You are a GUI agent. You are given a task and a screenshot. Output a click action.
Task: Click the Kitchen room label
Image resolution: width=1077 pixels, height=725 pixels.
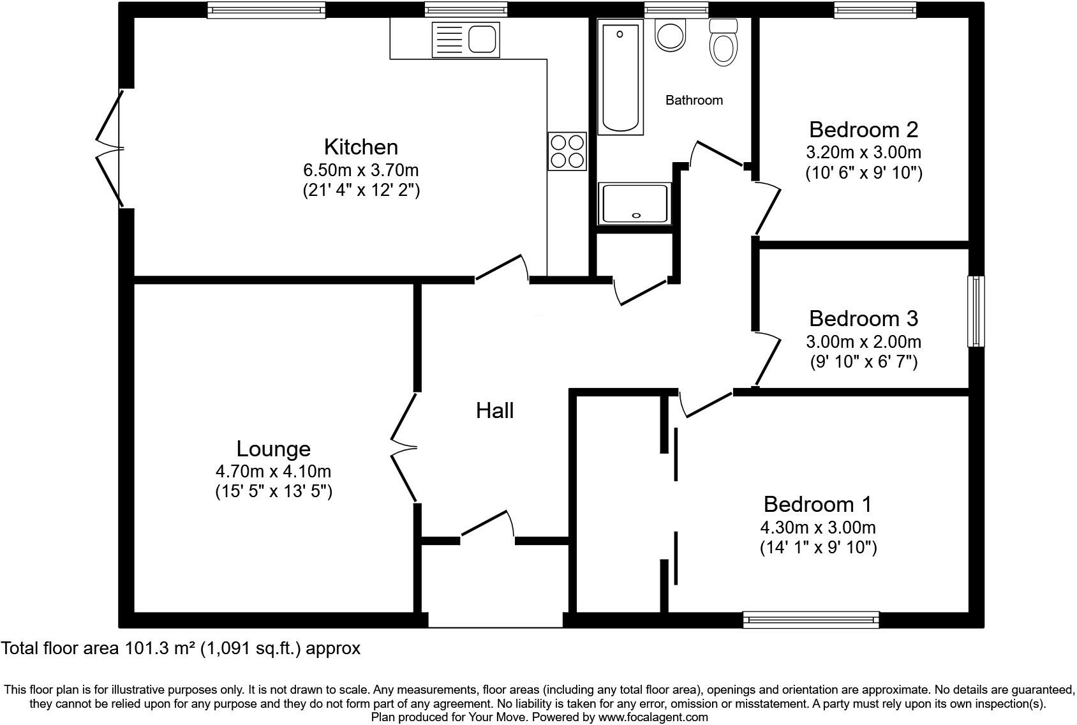[360, 147]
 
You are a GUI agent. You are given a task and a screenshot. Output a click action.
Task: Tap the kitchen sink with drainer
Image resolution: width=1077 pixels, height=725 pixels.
[464, 39]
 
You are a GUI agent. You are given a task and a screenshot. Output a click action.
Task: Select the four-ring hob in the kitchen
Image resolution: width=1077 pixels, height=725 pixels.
[567, 151]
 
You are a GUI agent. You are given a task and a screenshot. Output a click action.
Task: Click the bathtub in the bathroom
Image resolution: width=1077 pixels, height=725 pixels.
[620, 77]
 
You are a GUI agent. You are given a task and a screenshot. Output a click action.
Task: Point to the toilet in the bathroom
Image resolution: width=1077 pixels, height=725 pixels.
[723, 43]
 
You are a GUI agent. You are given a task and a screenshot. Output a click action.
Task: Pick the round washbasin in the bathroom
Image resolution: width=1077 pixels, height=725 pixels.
[670, 36]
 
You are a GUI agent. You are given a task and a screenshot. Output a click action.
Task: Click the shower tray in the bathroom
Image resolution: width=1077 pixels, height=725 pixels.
[635, 204]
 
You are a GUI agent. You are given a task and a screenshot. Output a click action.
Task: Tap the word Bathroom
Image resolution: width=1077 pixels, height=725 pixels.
[694, 100]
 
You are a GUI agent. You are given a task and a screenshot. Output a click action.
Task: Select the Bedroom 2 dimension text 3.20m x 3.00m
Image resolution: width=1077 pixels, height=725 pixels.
[863, 153]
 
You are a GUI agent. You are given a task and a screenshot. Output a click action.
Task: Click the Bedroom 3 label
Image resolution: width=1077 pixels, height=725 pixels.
[863, 318]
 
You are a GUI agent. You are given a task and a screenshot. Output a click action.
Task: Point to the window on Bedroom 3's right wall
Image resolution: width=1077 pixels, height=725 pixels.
[976, 311]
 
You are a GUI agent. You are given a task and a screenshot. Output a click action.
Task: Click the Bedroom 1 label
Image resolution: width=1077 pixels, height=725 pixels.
[817, 504]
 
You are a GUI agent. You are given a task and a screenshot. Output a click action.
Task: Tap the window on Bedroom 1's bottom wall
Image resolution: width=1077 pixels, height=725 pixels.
[811, 619]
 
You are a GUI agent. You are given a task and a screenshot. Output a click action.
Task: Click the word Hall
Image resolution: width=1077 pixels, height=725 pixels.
[494, 410]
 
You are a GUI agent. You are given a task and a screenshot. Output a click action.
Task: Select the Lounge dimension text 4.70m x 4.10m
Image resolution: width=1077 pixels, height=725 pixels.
[273, 472]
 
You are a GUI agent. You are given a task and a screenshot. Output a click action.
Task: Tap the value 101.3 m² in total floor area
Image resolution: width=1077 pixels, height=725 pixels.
[160, 649]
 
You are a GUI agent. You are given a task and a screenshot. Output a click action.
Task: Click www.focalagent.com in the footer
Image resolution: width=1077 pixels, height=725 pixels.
[653, 717]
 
